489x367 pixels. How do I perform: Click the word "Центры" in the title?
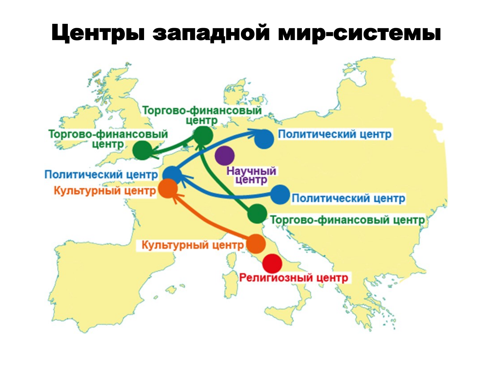98,33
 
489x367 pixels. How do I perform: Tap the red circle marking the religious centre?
272,264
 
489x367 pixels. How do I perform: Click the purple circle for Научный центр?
225,156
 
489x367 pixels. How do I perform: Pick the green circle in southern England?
142,150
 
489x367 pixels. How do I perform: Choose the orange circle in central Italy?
256,244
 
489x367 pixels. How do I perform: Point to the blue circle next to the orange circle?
172,175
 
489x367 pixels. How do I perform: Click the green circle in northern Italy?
257,214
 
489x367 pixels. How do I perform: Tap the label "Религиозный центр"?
294,278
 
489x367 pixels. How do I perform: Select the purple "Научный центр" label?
251,175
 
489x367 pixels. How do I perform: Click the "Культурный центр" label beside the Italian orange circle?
193,245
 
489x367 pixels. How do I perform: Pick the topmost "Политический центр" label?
335,134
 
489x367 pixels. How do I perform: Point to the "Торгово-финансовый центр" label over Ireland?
108,139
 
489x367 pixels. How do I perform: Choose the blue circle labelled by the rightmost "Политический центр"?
280,195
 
